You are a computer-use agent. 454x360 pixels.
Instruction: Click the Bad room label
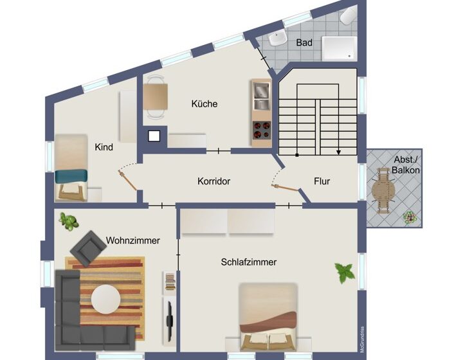point(304,43)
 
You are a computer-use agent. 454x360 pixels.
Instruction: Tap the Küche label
point(204,104)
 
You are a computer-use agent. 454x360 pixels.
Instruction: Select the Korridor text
point(214,181)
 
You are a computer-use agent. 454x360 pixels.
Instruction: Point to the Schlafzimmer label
point(249,262)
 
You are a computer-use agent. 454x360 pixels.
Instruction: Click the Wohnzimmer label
point(133,240)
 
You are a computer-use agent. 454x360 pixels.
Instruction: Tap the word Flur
point(322,181)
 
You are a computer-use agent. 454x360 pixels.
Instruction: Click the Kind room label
point(104,147)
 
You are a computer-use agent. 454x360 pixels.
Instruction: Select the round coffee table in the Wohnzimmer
point(106,299)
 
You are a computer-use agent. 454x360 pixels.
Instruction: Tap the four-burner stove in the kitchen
point(262,130)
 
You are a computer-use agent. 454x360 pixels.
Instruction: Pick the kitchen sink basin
point(262,90)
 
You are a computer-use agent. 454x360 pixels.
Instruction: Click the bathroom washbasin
point(278,39)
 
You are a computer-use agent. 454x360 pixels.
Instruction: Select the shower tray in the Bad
point(340,49)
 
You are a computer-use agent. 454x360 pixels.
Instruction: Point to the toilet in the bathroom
point(348,16)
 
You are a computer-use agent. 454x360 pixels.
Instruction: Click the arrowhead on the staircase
point(338,152)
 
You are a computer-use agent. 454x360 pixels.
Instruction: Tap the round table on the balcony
point(383,190)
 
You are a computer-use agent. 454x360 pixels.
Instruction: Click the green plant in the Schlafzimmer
point(345,273)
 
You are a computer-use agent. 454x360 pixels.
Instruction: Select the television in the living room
point(169,320)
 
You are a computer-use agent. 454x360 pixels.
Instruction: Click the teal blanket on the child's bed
point(71,176)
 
